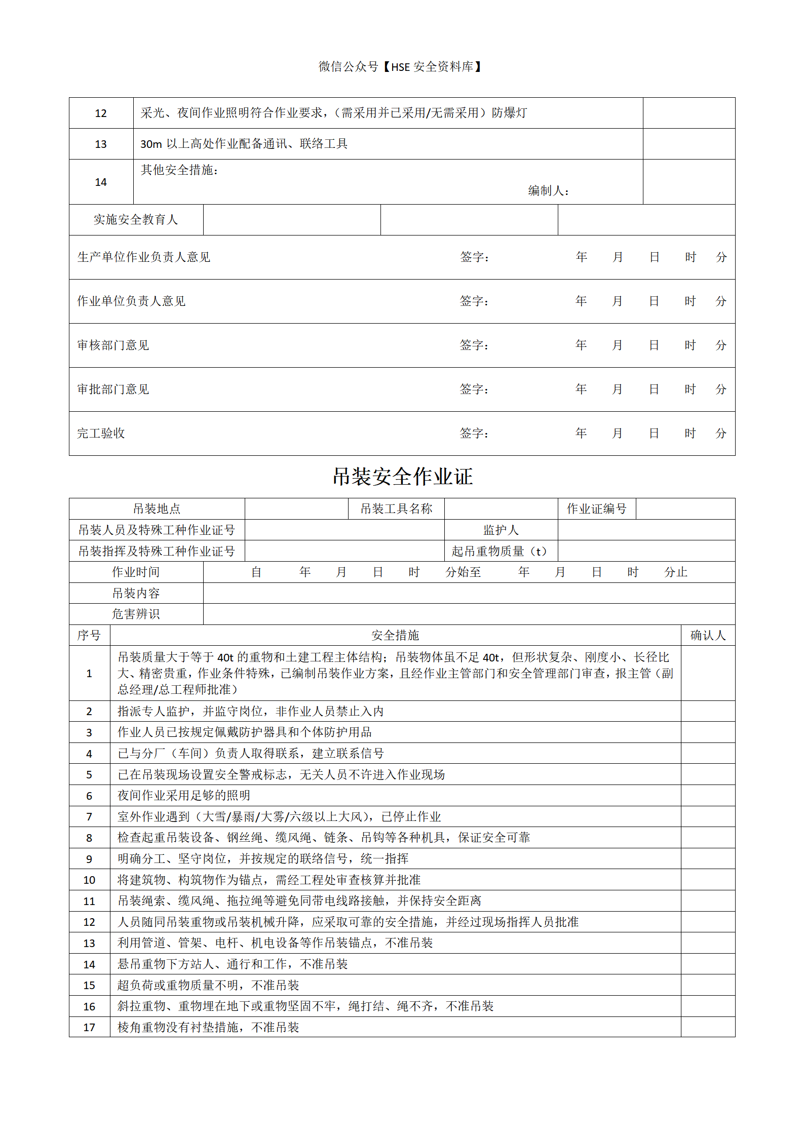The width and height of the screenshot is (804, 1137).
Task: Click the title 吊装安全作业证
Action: [402, 477]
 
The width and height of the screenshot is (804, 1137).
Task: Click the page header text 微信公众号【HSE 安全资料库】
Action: [400, 67]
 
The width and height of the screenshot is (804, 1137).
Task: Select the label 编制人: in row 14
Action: [548, 191]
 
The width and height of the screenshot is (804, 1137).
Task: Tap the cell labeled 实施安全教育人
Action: [136, 220]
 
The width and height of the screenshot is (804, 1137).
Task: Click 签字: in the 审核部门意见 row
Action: [474, 345]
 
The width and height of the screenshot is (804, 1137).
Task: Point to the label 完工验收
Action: [101, 434]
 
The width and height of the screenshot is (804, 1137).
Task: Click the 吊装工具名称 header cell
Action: [396, 509]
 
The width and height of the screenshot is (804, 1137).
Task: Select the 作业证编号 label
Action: [596, 509]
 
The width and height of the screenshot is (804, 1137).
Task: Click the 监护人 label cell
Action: [501, 530]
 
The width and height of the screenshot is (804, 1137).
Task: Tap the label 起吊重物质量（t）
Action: [501, 551]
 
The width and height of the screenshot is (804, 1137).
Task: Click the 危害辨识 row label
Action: [136, 614]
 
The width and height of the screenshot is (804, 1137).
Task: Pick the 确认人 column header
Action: [708, 636]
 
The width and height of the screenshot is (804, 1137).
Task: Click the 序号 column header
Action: [89, 636]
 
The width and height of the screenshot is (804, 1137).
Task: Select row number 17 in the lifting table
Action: [89, 1028]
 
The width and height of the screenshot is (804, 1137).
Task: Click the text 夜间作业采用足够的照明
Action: [184, 796]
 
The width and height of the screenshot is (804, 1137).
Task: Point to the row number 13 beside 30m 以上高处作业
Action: [101, 144]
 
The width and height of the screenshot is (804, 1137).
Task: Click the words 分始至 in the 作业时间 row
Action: [463, 572]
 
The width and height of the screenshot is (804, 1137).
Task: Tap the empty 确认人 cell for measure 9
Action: [708, 859]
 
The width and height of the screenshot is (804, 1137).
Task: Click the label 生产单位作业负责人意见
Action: [143, 257]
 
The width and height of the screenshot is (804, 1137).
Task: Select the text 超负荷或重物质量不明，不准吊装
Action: [208, 986]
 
